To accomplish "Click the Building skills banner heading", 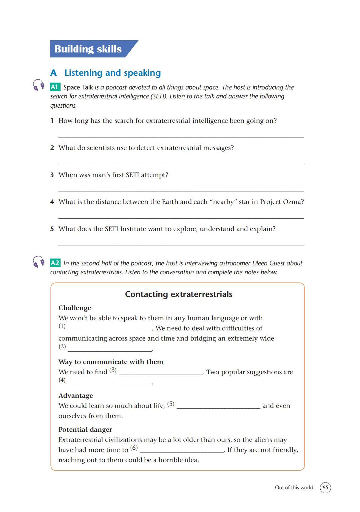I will coord(88,49).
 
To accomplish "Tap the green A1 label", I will coord(55,87).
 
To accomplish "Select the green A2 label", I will coord(55,263).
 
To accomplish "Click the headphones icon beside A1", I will coord(38,85).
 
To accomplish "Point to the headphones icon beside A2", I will coord(38,262).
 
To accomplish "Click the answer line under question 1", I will coord(181,137).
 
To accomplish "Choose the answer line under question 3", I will coord(181,191).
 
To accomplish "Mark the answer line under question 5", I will coord(181,245).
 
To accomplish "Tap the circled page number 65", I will coord(325,488).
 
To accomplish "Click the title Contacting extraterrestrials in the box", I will coord(178,294).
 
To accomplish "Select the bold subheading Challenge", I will coord(75,308).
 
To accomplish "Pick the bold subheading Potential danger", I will coord(85,430).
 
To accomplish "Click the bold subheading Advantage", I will coord(75,396).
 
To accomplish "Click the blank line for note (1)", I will coord(109,330).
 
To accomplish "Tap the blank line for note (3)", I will coord(161,374).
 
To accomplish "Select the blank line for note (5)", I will coord(218,408).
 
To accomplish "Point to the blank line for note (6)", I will coord(182,452).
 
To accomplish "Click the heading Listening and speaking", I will coord(112,73).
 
